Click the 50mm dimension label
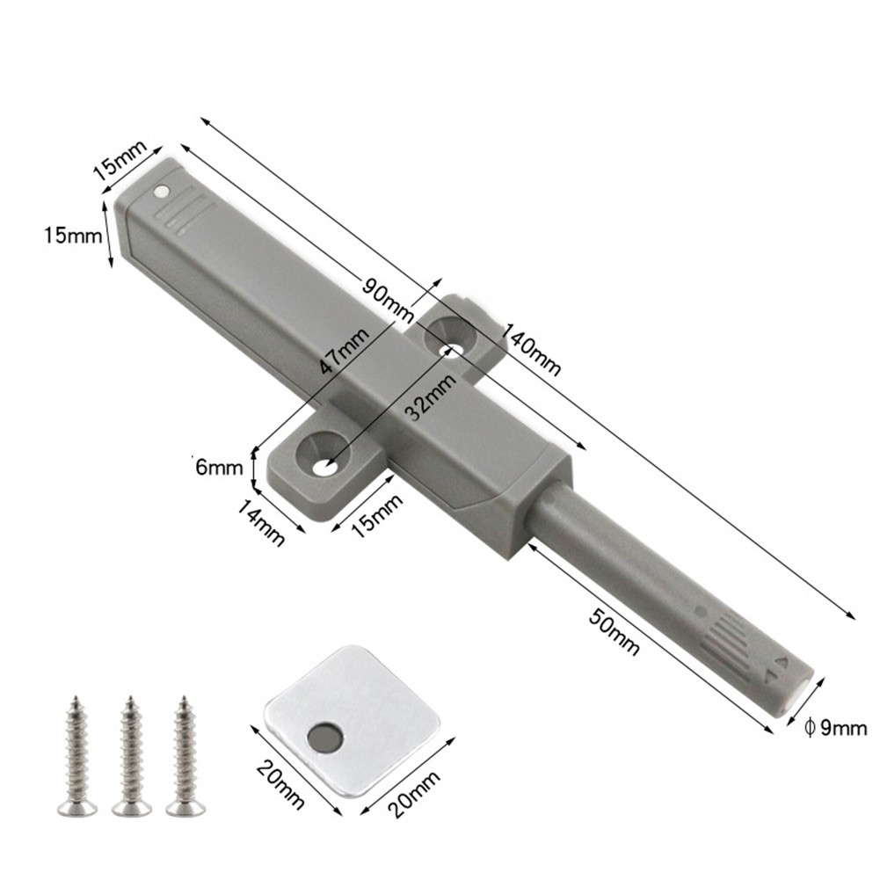pos(614,629)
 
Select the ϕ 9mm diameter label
pos(836,726)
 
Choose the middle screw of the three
pos(129,755)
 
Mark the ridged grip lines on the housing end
pos(189,215)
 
